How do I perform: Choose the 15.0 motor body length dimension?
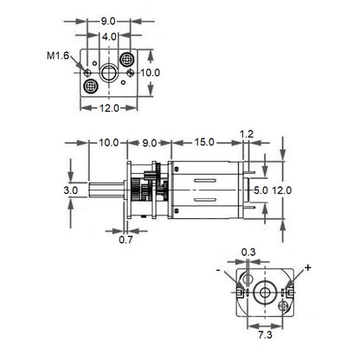coord(205,143)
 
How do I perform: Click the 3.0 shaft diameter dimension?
coord(71,190)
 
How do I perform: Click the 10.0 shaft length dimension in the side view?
coord(109,143)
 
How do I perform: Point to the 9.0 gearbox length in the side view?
coord(149,143)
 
